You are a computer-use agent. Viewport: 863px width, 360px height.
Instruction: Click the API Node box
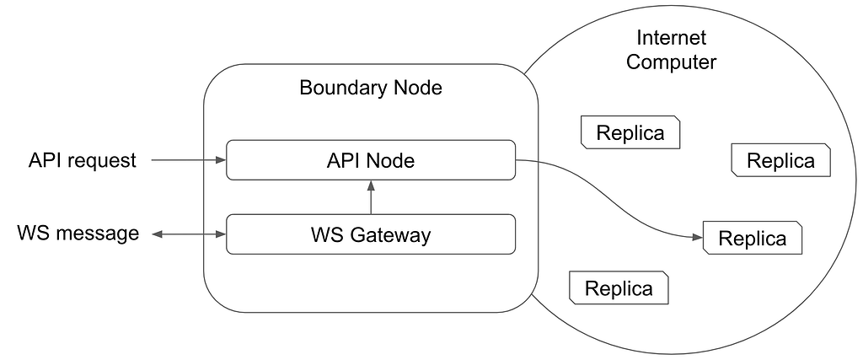tap(371, 159)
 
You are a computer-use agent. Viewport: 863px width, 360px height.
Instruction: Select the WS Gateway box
tap(371, 234)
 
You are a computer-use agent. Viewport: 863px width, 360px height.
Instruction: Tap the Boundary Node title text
tap(371, 88)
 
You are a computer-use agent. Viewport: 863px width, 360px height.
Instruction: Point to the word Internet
tap(671, 38)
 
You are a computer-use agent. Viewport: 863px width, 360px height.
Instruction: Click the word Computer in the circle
tap(671, 62)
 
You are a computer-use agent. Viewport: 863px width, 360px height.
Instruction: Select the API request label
tap(82, 160)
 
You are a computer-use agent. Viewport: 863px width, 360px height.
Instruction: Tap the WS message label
tap(78, 233)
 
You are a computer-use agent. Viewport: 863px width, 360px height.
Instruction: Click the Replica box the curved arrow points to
tap(752, 239)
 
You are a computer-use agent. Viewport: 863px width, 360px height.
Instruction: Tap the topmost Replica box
tap(630, 132)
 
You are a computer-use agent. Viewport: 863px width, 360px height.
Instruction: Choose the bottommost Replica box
tap(619, 288)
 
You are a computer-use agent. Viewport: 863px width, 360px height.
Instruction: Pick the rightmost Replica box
tap(781, 160)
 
